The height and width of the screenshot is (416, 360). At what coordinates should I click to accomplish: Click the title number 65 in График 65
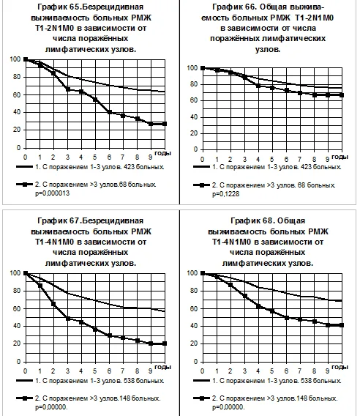tap(75, 7)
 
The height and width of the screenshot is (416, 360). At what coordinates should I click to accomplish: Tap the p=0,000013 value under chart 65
tap(52, 193)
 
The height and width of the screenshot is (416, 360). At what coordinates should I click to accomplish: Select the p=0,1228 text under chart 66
tap(225, 194)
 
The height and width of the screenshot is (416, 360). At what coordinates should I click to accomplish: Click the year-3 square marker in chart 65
tap(68, 89)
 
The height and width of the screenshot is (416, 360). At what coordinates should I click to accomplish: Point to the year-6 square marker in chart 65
tap(110, 112)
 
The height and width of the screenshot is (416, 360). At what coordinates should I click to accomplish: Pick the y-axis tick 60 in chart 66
tap(194, 100)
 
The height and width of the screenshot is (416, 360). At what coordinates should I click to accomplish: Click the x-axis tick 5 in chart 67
tap(95, 371)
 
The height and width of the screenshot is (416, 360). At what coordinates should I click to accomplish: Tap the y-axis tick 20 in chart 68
tap(194, 343)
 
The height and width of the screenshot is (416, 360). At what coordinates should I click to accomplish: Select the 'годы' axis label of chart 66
tap(340, 157)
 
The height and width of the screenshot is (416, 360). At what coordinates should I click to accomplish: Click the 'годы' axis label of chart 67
tap(162, 367)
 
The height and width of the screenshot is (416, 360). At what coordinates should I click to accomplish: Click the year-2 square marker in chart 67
tap(53, 304)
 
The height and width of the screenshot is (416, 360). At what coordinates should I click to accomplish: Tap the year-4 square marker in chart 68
tap(258, 306)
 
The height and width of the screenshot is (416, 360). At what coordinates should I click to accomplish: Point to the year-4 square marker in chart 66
tap(258, 86)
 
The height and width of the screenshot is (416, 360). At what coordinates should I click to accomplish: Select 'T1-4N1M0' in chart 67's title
tap(54, 242)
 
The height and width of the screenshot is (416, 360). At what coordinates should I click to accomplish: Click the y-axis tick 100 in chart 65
tap(15, 59)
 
